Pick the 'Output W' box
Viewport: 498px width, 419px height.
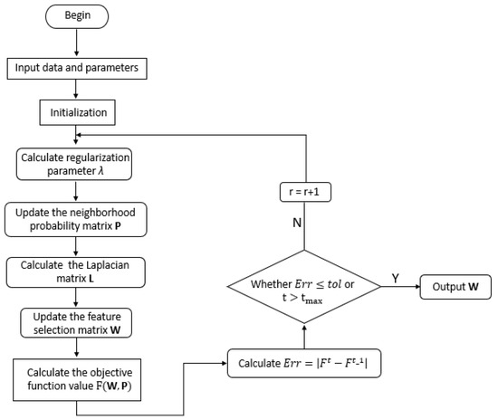point(455,289)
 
